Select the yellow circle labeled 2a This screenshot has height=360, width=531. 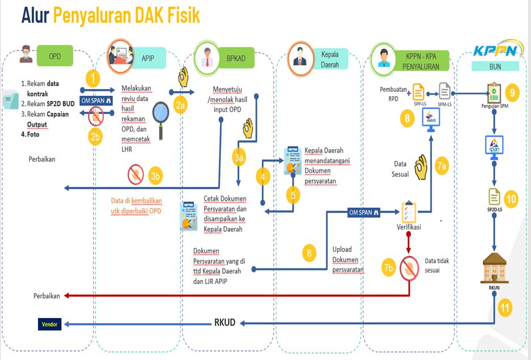tap(180, 105)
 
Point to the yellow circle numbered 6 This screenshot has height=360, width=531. tap(309, 253)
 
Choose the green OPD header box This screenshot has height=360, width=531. tap(55, 56)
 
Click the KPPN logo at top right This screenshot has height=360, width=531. tap(495, 51)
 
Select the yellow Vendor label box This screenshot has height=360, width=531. tap(50, 324)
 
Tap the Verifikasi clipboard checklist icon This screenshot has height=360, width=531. tap(409, 212)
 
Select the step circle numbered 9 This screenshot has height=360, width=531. tap(512, 91)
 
